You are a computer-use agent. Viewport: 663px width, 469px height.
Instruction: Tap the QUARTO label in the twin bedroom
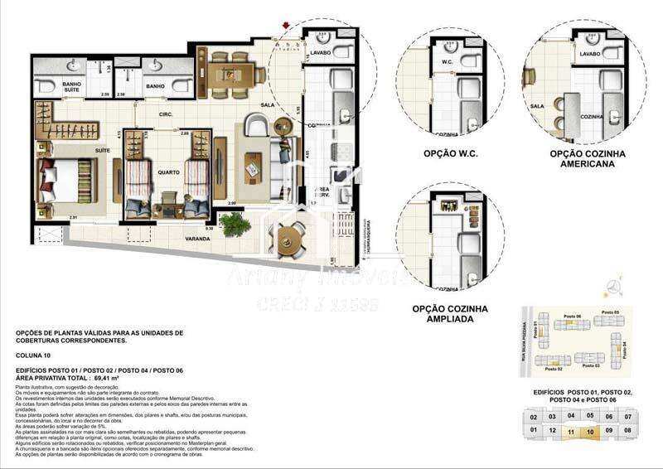[x=170, y=173]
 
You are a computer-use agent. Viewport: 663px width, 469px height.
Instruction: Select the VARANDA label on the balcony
[x=198, y=238]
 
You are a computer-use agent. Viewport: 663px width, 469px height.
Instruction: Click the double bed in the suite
[x=66, y=176]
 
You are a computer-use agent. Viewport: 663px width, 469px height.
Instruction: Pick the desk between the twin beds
[x=171, y=199]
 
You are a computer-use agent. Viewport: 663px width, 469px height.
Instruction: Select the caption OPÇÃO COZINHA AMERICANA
[x=588, y=159]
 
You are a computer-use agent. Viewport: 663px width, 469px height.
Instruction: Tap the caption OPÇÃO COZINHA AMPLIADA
[x=450, y=313]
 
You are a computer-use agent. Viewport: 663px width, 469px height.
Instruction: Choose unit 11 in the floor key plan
[x=572, y=431]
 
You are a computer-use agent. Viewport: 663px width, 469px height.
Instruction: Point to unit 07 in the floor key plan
[x=629, y=416]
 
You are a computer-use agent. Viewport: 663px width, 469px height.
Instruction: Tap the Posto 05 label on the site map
[x=611, y=312]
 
